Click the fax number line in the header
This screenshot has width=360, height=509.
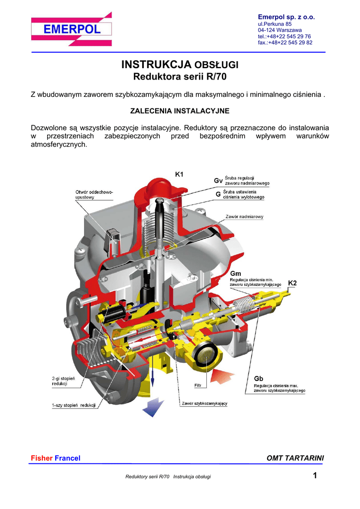(x=285, y=43)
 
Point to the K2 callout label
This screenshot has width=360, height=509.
(x=292, y=283)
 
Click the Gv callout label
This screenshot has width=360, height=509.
(x=218, y=180)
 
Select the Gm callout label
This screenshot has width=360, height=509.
(x=236, y=273)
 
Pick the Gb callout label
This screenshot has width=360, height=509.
(x=260, y=378)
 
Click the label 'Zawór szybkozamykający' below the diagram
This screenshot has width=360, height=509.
(x=204, y=403)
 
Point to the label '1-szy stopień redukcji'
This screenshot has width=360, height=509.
(x=74, y=406)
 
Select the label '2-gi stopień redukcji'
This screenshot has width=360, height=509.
(x=63, y=381)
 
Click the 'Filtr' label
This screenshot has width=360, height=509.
(x=197, y=385)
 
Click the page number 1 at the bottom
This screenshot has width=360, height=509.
(x=315, y=476)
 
